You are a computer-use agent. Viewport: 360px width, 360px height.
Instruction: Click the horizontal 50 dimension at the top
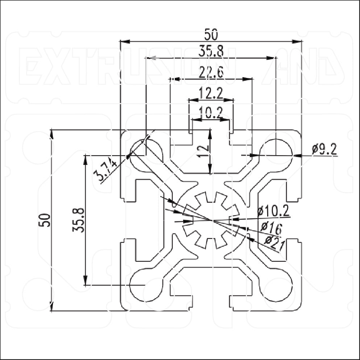click(x=211, y=35)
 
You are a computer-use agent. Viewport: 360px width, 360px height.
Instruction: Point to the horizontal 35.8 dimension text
click(x=211, y=51)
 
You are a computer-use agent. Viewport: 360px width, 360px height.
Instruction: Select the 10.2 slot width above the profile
click(x=211, y=114)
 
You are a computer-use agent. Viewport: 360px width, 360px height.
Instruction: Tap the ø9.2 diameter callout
click(x=324, y=149)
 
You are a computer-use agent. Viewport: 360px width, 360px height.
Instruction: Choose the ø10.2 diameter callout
click(x=273, y=211)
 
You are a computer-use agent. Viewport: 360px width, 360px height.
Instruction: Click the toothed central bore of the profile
click(x=211, y=220)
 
